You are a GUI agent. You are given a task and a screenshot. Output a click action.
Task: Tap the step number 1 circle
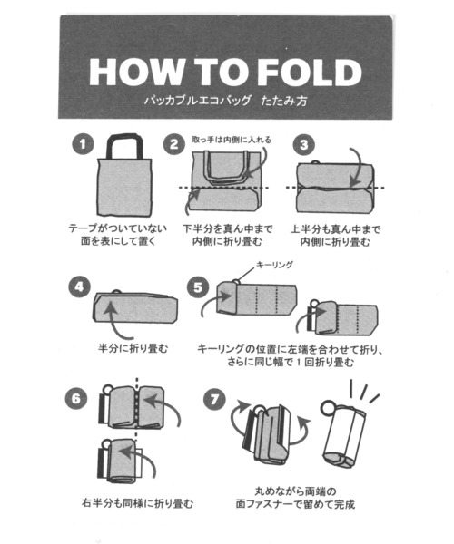83,144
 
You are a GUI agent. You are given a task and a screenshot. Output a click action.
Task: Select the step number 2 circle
174,144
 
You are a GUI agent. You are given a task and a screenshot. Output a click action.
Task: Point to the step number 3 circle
304,144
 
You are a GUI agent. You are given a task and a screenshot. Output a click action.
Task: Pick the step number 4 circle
80,287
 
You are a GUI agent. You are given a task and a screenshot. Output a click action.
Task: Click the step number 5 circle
198,287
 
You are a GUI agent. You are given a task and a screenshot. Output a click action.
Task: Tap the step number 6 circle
76,398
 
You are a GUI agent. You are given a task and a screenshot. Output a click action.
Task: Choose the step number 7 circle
214,399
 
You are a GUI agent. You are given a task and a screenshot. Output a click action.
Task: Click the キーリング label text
274,265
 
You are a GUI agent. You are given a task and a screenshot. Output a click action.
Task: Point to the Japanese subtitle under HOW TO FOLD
226,101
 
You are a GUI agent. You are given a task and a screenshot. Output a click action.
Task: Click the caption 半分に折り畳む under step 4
133,348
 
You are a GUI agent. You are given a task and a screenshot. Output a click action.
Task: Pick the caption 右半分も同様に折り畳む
137,502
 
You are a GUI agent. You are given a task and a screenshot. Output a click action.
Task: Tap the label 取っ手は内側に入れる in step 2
232,140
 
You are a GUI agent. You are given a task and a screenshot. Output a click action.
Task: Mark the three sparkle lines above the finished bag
363,392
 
